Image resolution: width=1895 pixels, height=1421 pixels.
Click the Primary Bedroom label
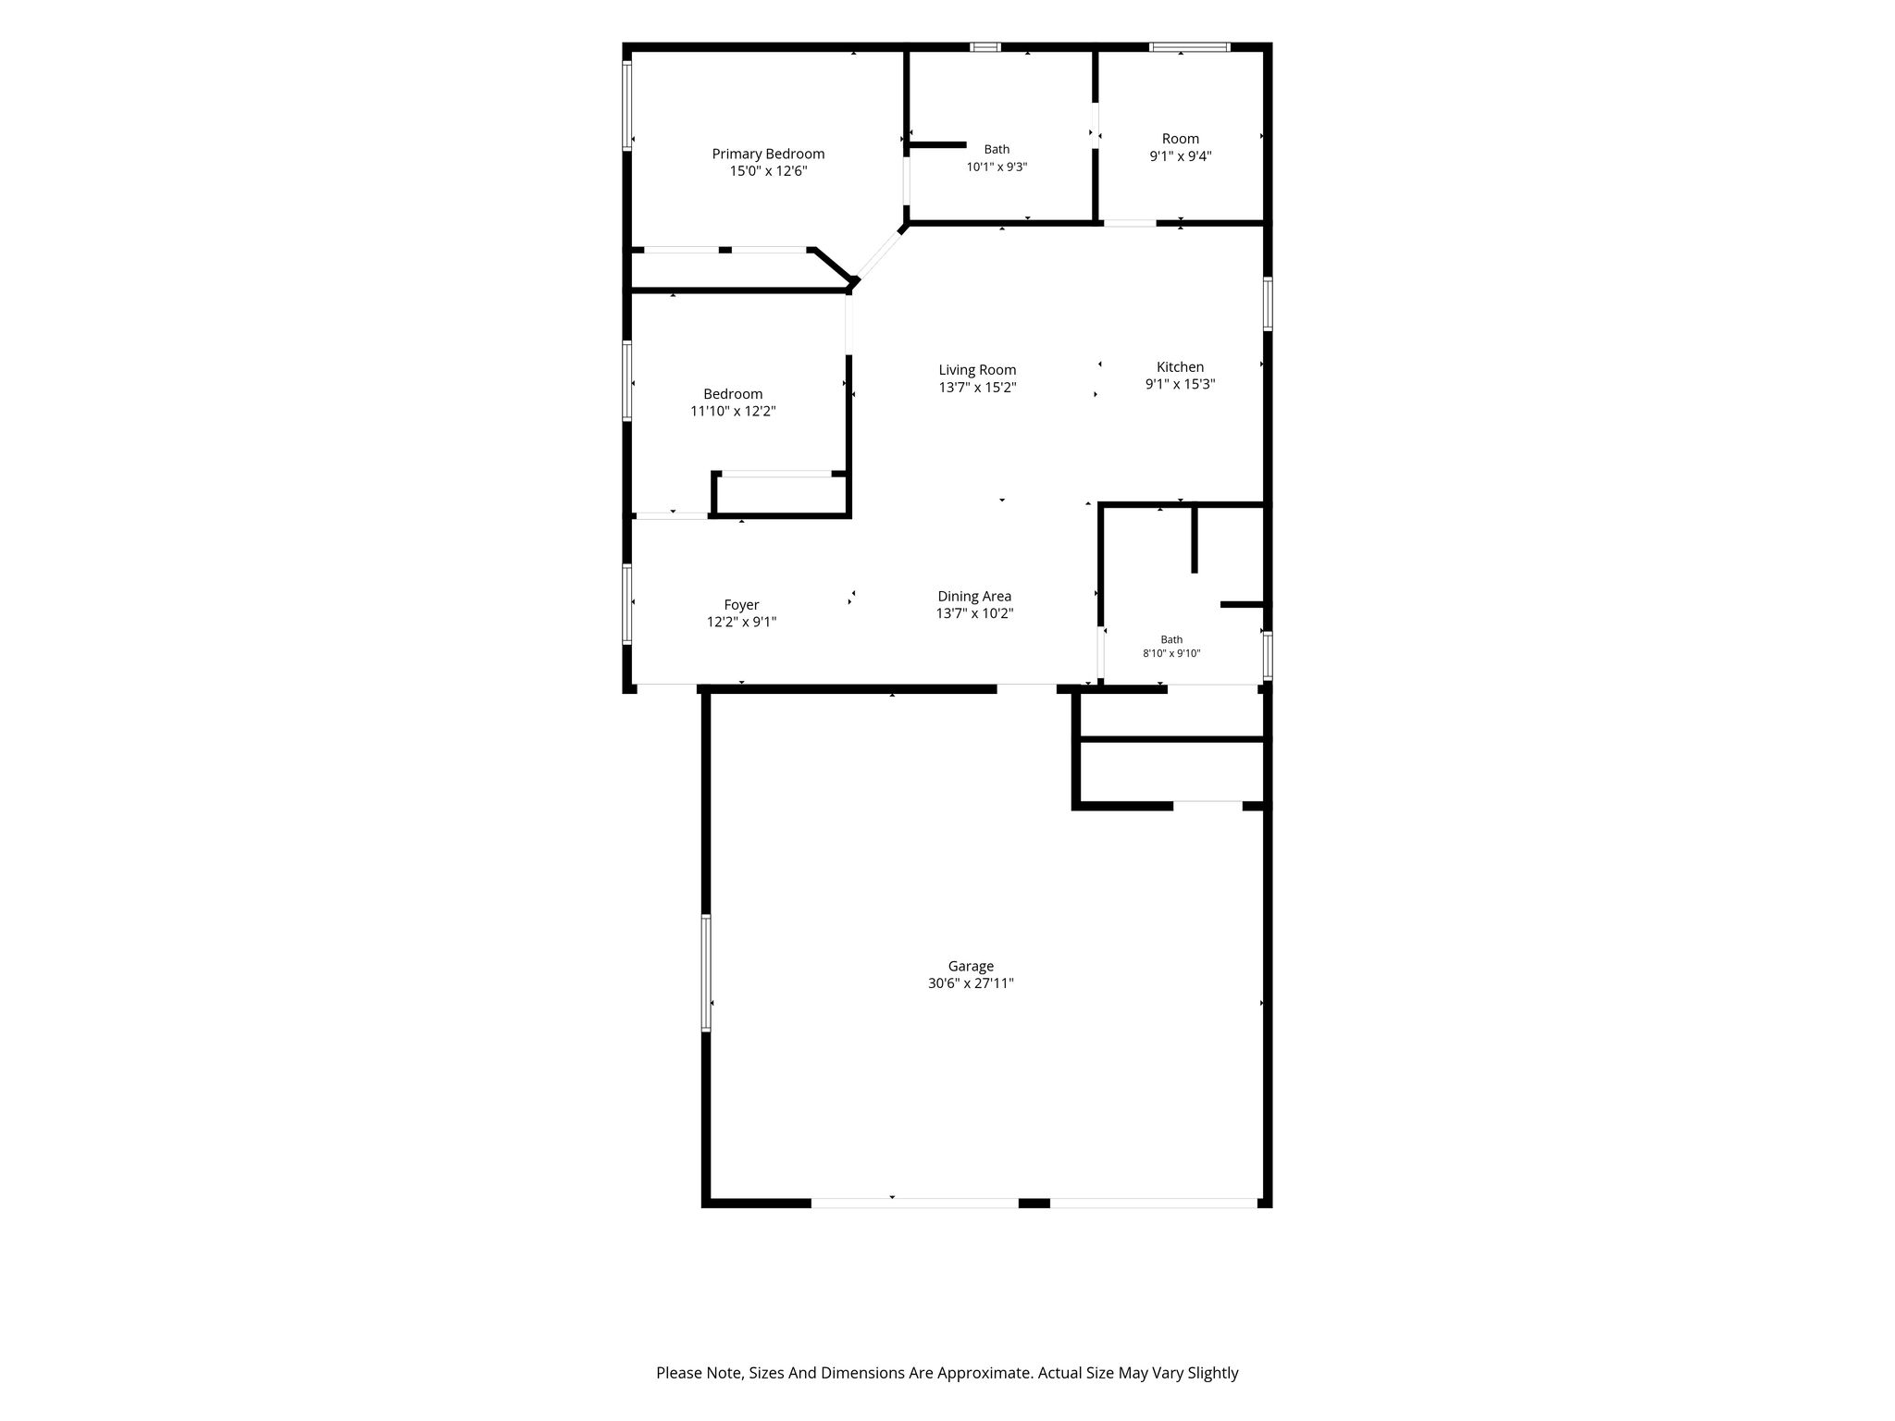click(768, 154)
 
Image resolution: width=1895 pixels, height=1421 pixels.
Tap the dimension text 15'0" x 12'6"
click(768, 171)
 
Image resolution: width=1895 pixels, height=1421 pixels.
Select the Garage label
click(971, 966)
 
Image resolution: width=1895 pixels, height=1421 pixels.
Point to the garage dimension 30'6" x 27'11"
click(971, 983)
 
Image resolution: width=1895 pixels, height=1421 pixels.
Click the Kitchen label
click(1180, 367)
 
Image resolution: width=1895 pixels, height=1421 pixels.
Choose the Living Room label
click(977, 370)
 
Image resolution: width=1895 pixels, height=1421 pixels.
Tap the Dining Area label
click(974, 597)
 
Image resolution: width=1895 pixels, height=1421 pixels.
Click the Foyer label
click(741, 605)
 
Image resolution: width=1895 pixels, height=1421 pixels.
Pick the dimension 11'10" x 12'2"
click(733, 412)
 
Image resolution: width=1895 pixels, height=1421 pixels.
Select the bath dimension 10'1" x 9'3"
click(997, 167)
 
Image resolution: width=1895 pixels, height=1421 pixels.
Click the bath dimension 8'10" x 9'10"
click(1171, 653)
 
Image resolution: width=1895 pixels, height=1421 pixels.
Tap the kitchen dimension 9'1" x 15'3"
click(1180, 385)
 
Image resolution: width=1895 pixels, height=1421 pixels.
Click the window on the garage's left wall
click(706, 972)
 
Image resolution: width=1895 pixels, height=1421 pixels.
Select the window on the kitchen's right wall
click(1268, 303)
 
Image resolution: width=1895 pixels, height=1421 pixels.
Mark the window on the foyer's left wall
click(627, 604)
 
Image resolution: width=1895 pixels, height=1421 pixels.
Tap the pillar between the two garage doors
click(1034, 1203)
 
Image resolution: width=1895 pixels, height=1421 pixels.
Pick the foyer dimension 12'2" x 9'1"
click(741, 623)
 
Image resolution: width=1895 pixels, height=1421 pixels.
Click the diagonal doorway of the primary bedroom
click(880, 253)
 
